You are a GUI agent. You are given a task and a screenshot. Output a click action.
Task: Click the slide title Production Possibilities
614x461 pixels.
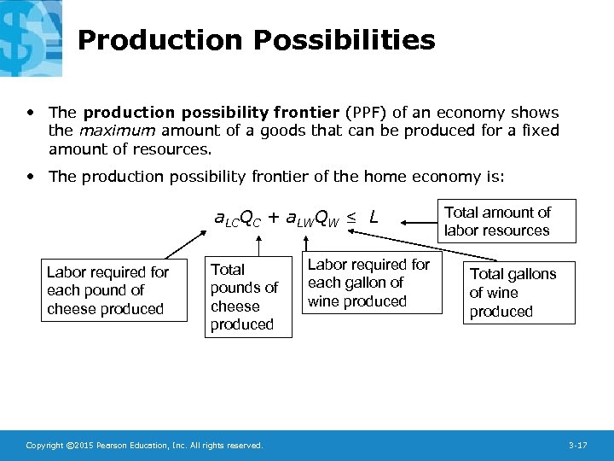click(x=256, y=40)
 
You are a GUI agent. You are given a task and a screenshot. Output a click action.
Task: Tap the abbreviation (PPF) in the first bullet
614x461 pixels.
click(x=366, y=113)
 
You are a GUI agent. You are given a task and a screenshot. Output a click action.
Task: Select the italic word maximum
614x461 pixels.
click(x=117, y=131)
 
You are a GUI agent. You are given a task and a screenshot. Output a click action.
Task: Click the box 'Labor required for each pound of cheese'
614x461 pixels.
click(x=114, y=290)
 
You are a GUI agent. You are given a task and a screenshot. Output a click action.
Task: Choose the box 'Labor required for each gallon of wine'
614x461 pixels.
click(x=369, y=283)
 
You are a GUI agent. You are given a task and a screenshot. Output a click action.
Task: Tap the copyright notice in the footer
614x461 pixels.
click(x=145, y=446)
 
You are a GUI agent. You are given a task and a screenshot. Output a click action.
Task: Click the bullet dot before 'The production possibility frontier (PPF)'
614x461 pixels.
click(x=32, y=113)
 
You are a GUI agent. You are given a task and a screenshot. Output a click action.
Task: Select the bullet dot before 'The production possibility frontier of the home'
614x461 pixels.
click(x=32, y=177)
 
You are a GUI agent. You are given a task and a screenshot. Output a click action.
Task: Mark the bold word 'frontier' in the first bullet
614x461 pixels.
click(x=306, y=113)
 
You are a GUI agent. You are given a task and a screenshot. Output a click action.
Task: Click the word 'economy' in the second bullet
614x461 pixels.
click(x=441, y=177)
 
